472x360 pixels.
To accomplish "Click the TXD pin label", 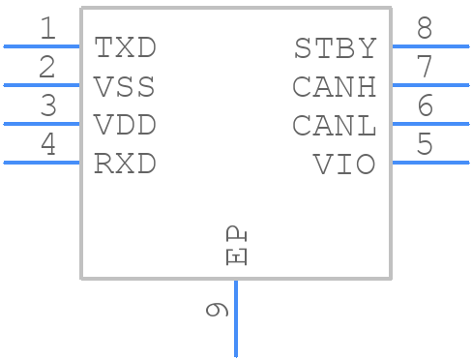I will (x=125, y=47).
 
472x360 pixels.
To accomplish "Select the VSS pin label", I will (x=125, y=87).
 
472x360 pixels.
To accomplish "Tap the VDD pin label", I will (x=125, y=126).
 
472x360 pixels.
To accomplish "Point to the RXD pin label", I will (x=125, y=165).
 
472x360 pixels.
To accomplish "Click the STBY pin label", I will (x=335, y=47).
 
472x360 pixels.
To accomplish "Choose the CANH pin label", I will (x=335, y=87).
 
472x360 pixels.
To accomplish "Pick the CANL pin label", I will (x=335, y=126).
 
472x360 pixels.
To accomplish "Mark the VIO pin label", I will (x=344, y=165).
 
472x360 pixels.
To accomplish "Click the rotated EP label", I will (x=236, y=247).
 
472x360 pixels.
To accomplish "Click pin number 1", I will (x=47, y=29).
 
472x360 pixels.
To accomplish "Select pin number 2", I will (x=47, y=68).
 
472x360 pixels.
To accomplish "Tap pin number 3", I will (x=47, y=106).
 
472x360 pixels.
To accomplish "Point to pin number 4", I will (x=47, y=145).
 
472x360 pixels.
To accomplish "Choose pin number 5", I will (x=424, y=145).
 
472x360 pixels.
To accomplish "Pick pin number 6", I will (x=424, y=106).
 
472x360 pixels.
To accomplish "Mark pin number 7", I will (x=424, y=68).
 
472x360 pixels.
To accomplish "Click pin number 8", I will (x=424, y=29).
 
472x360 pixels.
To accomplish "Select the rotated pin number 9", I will (x=218, y=310).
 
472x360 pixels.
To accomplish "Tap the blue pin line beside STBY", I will (x=429, y=45).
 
